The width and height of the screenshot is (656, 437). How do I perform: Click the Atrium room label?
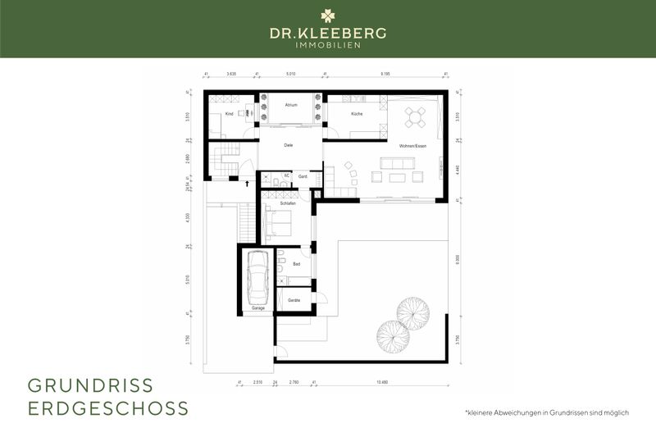tap(291, 106)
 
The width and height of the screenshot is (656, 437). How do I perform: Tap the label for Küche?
tap(357, 114)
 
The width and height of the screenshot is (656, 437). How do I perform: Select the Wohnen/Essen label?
tap(412, 145)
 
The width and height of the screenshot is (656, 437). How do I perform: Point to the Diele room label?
tap(289, 145)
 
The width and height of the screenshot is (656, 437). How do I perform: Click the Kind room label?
tap(230, 114)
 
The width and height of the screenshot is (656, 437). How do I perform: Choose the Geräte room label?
tap(294, 301)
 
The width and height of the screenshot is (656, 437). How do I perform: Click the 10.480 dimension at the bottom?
tap(383, 382)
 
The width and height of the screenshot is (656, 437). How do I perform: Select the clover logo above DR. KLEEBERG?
tap(328, 16)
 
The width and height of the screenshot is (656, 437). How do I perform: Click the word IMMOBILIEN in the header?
tap(328, 45)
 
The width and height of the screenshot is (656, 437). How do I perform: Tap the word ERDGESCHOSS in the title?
tap(108, 408)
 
